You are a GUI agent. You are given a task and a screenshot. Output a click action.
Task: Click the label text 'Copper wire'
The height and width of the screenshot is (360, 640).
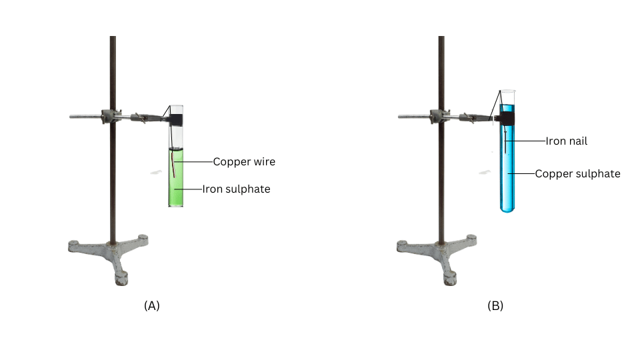click(x=244, y=162)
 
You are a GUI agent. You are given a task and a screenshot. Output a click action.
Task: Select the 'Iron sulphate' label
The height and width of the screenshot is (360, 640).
click(x=236, y=189)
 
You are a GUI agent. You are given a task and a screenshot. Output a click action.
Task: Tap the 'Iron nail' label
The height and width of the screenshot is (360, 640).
click(x=567, y=141)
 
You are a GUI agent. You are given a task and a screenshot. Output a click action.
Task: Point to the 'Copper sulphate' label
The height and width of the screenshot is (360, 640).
click(x=577, y=174)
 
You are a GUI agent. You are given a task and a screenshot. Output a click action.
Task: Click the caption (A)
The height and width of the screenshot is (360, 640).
click(x=152, y=306)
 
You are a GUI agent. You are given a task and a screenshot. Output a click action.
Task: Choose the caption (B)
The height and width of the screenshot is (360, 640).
click(x=495, y=306)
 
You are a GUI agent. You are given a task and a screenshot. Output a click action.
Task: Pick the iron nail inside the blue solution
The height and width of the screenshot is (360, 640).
click(x=505, y=141)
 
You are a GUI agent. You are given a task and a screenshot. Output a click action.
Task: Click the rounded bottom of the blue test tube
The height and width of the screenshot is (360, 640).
click(x=507, y=208)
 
